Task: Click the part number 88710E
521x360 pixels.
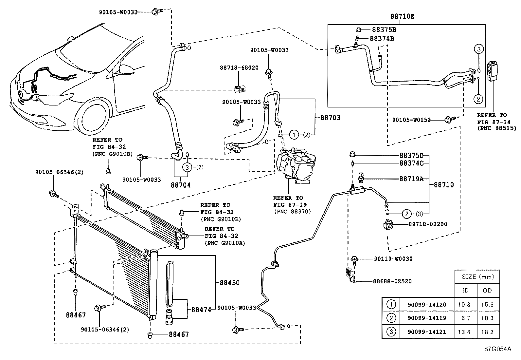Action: coord(402,16)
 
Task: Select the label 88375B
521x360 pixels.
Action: coord(383,29)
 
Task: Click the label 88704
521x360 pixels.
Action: coord(180,185)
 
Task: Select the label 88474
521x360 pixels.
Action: coord(201,309)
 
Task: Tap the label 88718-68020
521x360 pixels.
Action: coord(239,68)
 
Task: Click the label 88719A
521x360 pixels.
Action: coord(411,179)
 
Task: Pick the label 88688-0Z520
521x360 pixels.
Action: coord(392,281)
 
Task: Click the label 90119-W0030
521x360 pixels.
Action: coord(393,259)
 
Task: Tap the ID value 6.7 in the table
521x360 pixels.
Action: coord(464,318)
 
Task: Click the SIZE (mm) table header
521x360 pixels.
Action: coord(477,277)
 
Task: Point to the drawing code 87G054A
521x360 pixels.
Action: coord(497,349)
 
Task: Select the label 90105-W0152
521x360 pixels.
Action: coord(411,120)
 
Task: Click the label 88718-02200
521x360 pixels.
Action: coord(427,224)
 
